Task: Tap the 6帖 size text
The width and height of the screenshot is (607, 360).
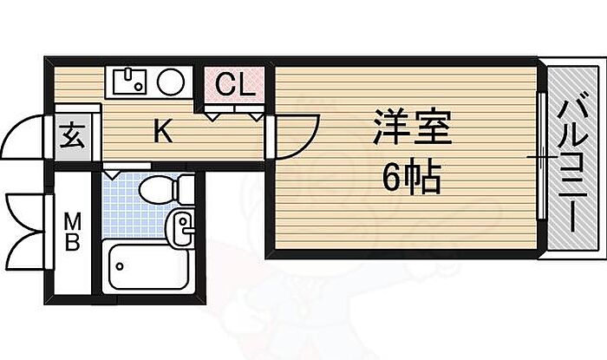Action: (413, 180)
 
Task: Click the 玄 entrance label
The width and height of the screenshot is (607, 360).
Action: (71, 137)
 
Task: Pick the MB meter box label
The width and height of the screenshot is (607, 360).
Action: (72, 232)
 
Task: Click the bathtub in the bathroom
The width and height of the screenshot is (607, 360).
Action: (147, 268)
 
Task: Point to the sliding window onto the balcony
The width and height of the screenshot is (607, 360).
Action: (539, 156)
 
